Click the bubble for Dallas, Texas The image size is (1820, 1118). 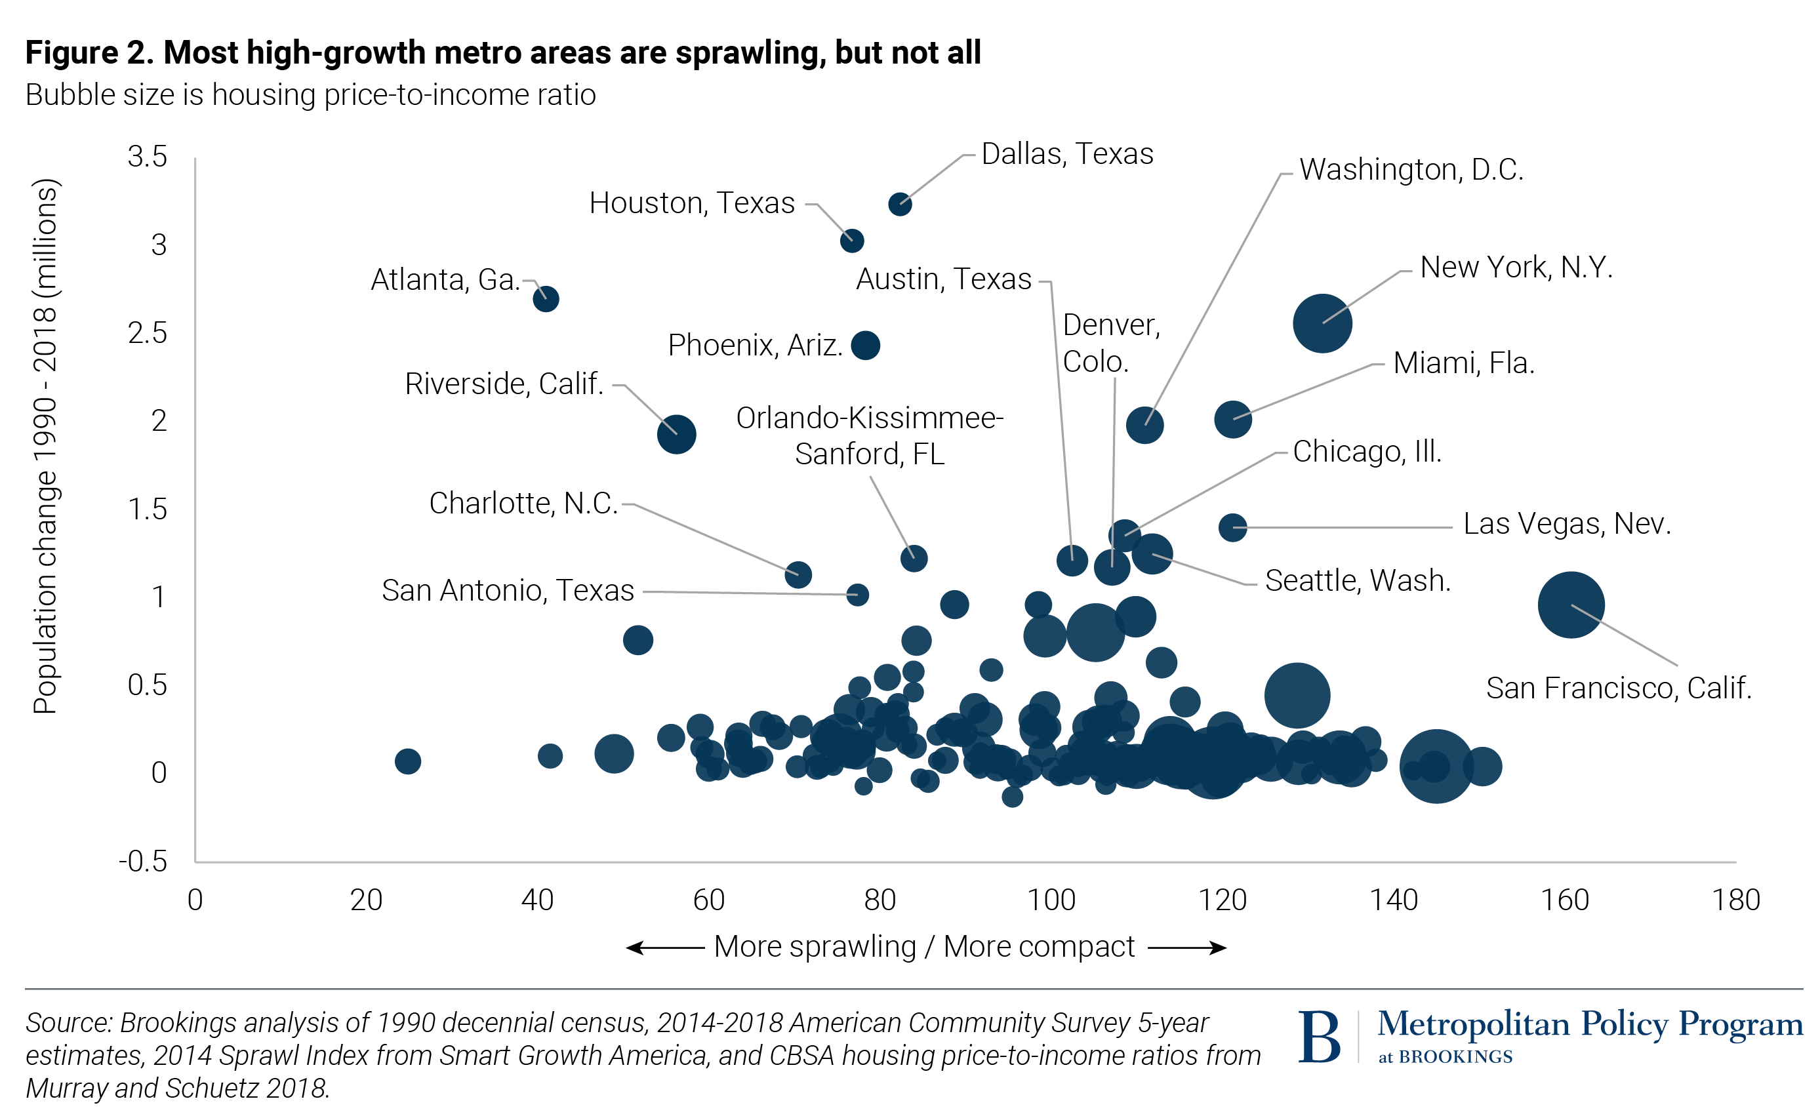[x=899, y=204]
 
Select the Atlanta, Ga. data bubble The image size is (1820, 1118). [x=546, y=300]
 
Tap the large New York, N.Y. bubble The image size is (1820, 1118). [x=1322, y=323]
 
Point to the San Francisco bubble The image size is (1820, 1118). [x=1570, y=605]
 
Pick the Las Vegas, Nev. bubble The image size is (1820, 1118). [x=1232, y=527]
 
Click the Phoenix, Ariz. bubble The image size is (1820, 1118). [x=865, y=346]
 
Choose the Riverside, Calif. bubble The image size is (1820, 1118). [x=676, y=434]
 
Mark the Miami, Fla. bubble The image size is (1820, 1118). [x=1232, y=419]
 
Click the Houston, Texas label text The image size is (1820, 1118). [x=691, y=203]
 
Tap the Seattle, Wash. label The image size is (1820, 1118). [x=1357, y=581]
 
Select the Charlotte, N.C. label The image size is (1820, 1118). [x=523, y=504]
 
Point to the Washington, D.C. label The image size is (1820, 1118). [x=1411, y=170]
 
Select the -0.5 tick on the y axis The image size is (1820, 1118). [x=144, y=862]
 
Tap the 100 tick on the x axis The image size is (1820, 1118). [x=1051, y=900]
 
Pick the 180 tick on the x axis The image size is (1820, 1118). [x=1735, y=900]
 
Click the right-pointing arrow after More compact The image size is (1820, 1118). [x=1188, y=948]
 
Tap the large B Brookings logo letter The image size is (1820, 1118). [x=1320, y=1037]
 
